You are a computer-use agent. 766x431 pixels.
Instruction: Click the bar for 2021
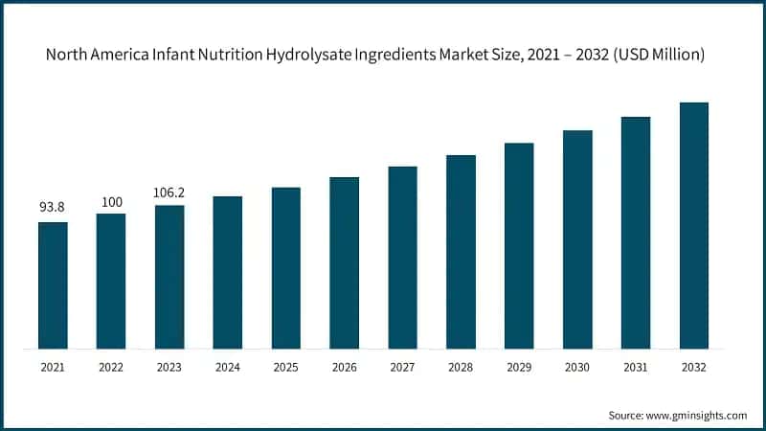point(53,284)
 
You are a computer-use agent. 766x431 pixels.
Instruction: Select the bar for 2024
point(228,272)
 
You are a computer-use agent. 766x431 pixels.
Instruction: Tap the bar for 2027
point(403,257)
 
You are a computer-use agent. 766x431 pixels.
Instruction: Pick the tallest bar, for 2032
point(694,225)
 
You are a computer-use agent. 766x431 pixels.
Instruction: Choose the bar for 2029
point(519,245)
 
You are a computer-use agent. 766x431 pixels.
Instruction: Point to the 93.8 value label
point(53,209)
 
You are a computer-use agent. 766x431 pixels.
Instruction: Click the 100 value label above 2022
point(111,201)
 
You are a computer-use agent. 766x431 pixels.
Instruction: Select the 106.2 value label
point(169,193)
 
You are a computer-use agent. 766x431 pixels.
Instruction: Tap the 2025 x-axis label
point(285,368)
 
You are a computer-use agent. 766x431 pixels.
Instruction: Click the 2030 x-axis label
point(577,368)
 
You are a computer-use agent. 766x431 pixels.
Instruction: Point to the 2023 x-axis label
point(169,368)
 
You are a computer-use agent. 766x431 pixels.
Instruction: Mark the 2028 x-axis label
point(461,368)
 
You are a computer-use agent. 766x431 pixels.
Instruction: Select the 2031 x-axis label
point(636,368)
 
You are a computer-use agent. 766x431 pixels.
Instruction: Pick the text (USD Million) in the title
point(659,56)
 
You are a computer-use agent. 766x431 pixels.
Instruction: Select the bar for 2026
point(345,262)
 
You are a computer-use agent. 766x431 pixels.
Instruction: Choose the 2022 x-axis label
point(111,368)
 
